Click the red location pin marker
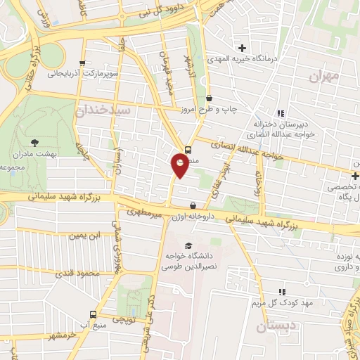tap(181, 165)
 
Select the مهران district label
tap(323, 75)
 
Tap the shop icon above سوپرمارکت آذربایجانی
tap(82, 62)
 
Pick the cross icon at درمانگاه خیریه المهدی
tap(243, 48)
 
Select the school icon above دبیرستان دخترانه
tap(281, 112)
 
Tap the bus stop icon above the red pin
tap(188, 149)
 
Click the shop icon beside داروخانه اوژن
tap(193, 205)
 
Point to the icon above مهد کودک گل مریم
tap(282, 292)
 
